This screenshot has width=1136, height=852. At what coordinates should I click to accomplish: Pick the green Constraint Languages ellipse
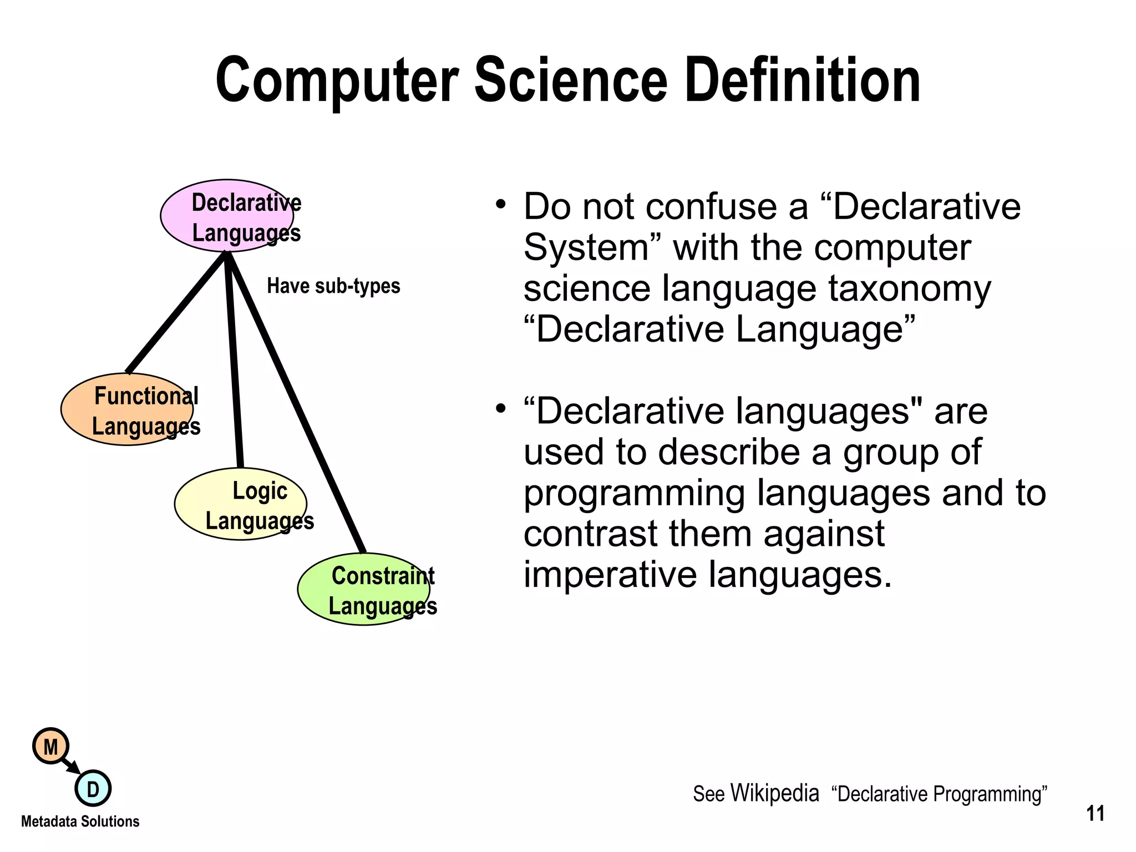coord(363,590)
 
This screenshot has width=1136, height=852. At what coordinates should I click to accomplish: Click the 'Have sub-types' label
coord(333,286)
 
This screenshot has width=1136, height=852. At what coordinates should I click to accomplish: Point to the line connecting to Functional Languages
coord(176,312)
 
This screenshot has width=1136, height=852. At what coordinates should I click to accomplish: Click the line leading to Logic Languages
coord(234,361)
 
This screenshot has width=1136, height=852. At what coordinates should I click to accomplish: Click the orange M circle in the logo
coord(50,747)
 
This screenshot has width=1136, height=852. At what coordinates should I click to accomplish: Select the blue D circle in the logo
coord(93,789)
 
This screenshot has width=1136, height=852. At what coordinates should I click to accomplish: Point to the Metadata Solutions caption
coord(80,821)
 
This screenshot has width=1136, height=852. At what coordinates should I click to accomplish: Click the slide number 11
coord(1095,814)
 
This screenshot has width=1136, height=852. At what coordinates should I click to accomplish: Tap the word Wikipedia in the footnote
coord(774,793)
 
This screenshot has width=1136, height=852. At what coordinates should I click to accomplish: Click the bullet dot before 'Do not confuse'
coord(500,204)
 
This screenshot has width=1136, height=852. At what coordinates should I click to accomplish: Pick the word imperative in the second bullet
coord(611,575)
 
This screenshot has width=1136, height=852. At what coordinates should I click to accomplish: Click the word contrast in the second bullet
coord(590,534)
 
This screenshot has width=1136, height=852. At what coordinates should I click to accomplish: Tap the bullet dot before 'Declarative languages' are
coord(500,409)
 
